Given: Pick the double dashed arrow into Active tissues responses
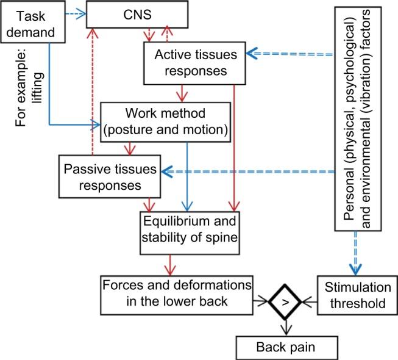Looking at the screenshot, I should point(290,54).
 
